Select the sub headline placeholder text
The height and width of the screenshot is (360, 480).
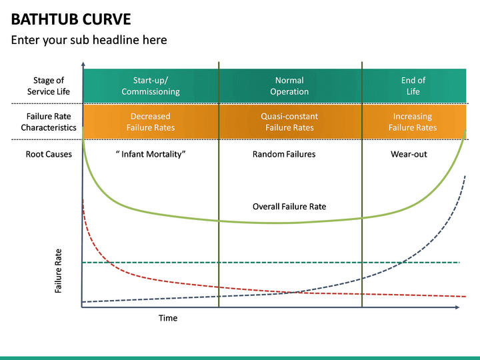click(x=89, y=40)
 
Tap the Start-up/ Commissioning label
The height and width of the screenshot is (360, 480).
click(x=151, y=86)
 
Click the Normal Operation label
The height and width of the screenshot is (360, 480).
click(x=289, y=86)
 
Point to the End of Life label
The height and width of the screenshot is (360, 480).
click(x=413, y=86)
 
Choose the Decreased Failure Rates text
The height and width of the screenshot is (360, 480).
click(x=151, y=122)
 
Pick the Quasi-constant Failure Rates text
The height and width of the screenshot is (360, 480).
click(x=289, y=122)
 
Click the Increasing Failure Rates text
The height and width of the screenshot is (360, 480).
click(x=413, y=122)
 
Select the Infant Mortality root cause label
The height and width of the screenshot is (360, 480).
click(x=151, y=155)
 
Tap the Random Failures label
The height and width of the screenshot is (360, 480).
click(x=284, y=155)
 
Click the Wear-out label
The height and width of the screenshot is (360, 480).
click(x=409, y=155)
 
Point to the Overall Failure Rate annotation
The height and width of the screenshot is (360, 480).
click(x=289, y=207)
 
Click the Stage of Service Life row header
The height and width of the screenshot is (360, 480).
click(x=49, y=86)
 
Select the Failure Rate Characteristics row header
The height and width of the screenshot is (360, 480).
click(x=49, y=122)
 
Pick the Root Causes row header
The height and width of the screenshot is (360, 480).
click(x=49, y=155)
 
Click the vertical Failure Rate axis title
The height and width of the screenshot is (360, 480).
click(x=59, y=271)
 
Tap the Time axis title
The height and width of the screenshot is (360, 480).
click(x=168, y=318)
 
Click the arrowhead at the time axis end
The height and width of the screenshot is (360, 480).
click(x=457, y=307)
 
